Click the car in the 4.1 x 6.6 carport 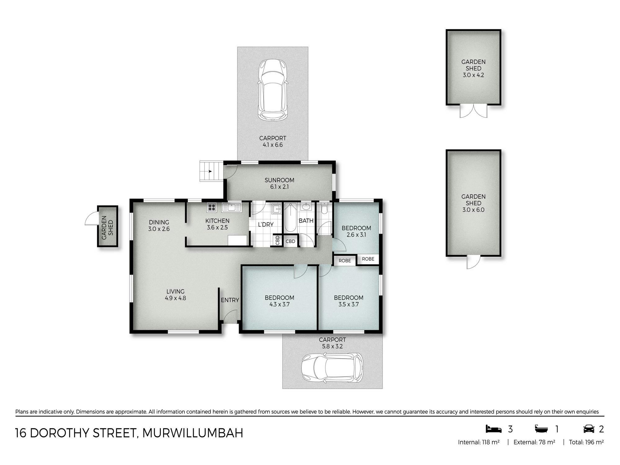tap(272, 90)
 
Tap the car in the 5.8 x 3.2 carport tap(332, 368)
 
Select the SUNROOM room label tap(279, 180)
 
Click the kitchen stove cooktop tap(212, 207)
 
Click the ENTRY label tap(230, 300)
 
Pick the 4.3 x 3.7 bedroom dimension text tap(279, 304)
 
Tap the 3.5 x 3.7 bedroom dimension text tap(348, 304)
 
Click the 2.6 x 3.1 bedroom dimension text tap(356, 235)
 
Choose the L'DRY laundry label tap(266, 224)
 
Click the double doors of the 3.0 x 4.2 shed tap(473, 111)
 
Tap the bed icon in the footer tap(494, 429)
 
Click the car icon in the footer tap(588, 429)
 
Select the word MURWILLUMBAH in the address tap(193, 433)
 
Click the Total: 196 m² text tap(586, 442)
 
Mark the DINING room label tap(159, 222)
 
